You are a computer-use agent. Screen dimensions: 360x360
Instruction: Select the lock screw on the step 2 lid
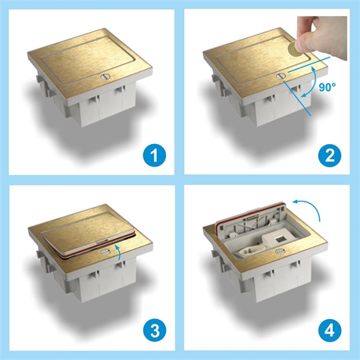(280, 74)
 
